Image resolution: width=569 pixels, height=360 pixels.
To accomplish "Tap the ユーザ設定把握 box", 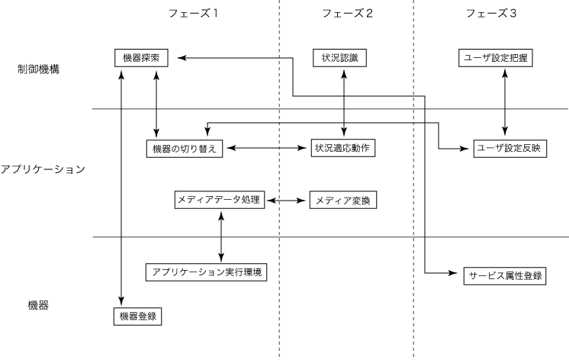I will tap(502, 58).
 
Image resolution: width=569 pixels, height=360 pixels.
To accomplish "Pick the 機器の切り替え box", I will tap(183, 148).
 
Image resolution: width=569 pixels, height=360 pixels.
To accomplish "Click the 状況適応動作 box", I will tap(342, 148).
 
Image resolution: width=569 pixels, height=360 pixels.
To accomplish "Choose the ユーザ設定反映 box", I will tap(507, 148).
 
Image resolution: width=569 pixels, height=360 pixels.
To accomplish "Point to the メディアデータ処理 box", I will tap(219, 201).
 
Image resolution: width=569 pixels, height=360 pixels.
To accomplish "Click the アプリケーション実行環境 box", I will tap(207, 272).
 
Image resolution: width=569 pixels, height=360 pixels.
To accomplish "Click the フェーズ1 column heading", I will tap(194, 13).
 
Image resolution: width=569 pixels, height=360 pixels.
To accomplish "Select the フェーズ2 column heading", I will tap(347, 13).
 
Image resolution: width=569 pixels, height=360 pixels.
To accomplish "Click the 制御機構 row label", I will tap(39, 69).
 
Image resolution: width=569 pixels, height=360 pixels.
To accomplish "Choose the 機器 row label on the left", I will tap(39, 305).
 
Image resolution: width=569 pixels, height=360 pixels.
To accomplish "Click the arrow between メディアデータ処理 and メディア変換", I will tap(286, 201).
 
